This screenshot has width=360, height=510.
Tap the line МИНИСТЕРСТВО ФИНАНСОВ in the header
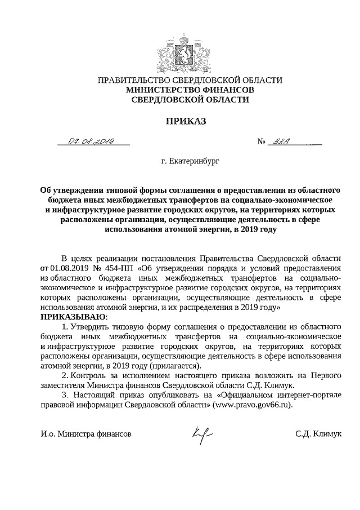point(190,90)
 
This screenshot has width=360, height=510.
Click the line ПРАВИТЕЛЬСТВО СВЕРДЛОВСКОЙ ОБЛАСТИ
point(190,81)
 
